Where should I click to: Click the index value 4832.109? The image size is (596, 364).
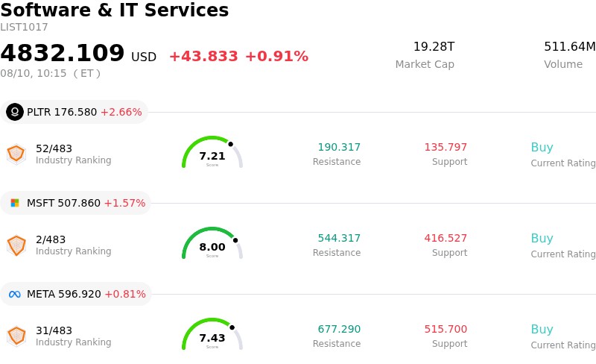tap(63, 52)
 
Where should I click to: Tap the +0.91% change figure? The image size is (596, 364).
tap(276, 57)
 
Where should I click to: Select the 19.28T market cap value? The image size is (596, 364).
tap(434, 46)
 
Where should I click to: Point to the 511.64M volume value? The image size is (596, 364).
tap(570, 46)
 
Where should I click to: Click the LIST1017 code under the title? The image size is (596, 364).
tap(24, 27)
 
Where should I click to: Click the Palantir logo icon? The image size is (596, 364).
tap(15, 112)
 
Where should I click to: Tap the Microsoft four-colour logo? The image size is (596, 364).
tap(15, 203)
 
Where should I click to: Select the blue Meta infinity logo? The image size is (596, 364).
tap(15, 295)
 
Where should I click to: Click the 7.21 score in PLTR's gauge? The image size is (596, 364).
tap(212, 156)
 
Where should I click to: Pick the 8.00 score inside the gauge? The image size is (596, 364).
tap(212, 247)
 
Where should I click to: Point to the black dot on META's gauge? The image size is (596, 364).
tap(232, 327)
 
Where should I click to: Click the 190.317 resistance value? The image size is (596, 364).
tap(339, 147)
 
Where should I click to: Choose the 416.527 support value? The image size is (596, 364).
tap(446, 238)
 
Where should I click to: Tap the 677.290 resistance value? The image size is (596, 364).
tap(339, 329)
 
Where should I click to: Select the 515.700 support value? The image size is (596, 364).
tap(446, 329)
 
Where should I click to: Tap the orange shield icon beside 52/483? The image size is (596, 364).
tap(16, 154)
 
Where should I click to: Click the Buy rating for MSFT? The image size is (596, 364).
tap(542, 238)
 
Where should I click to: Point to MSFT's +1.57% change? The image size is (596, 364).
tap(124, 203)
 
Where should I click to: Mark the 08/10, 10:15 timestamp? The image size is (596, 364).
tap(34, 73)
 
